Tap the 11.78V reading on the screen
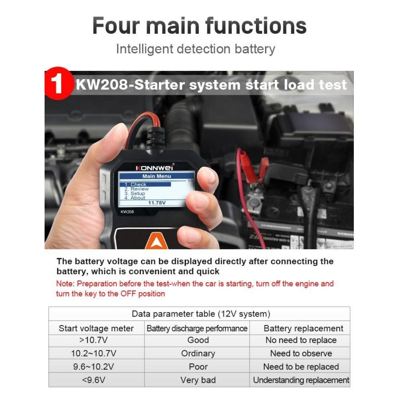click(x=157, y=203)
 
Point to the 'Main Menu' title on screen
click(x=156, y=176)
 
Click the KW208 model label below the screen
click(x=127, y=212)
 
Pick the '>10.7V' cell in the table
click(x=96, y=340)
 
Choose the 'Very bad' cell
click(x=198, y=380)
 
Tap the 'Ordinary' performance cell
click(x=198, y=353)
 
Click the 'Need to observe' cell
click(x=301, y=353)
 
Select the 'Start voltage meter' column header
click(x=96, y=328)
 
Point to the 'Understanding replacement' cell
click(x=301, y=380)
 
